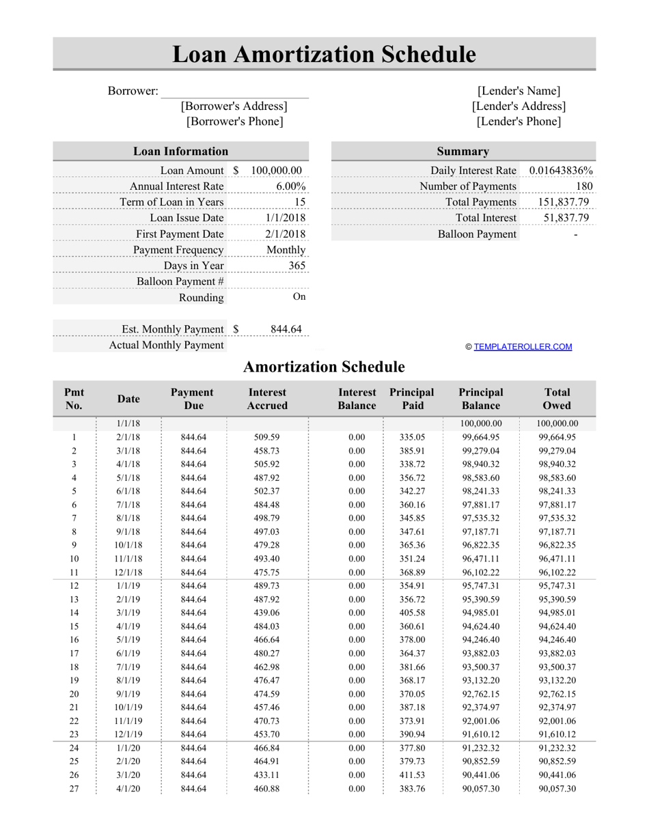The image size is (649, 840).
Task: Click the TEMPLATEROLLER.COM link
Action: [523, 347]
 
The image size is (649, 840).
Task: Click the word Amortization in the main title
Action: [324, 55]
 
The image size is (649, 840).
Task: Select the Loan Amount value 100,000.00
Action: [277, 171]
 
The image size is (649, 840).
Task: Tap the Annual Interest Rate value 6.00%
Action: [291, 186]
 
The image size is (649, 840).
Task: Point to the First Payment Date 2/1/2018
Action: [286, 234]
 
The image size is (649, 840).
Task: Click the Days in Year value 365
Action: [296, 266]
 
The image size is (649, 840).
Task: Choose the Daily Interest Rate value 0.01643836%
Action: [561, 171]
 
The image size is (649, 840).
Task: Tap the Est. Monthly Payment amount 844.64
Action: [286, 329]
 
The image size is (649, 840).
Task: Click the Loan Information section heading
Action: [180, 152]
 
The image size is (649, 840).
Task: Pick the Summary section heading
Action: [462, 152]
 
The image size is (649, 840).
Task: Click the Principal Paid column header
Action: [412, 399]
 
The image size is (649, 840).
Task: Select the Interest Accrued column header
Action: [267, 399]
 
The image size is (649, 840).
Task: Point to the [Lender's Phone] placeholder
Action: [519, 122]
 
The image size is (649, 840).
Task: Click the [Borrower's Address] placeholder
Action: [234, 107]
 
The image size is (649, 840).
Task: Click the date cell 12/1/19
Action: [128, 735]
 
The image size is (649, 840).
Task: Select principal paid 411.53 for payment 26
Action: [412, 775]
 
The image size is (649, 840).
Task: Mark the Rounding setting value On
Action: [299, 297]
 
